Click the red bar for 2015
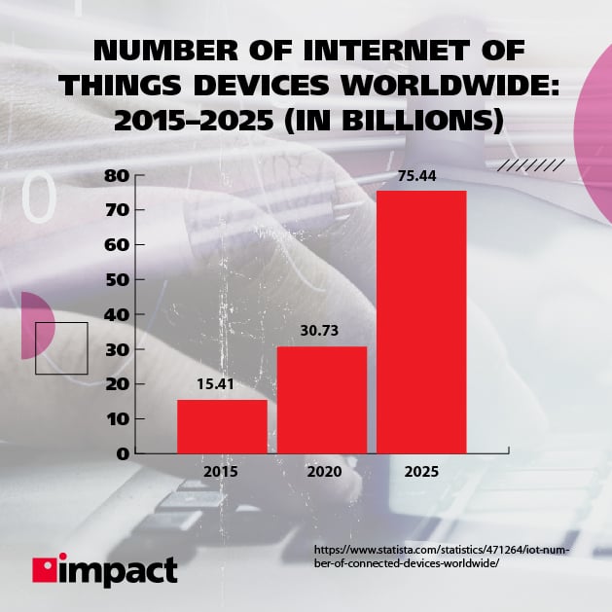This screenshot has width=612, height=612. [x=222, y=426]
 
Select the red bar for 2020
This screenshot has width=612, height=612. [x=322, y=399]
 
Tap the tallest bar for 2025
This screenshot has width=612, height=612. [x=421, y=321]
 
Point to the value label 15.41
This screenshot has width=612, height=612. [x=222, y=385]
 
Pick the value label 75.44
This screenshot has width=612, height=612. [x=421, y=176]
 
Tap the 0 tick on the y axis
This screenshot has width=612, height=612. [x=122, y=453]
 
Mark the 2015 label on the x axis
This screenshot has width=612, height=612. [x=222, y=472]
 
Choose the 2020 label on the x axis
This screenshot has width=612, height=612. [x=322, y=472]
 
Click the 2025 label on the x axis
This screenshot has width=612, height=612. [x=421, y=472]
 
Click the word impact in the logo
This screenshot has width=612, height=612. [x=119, y=569]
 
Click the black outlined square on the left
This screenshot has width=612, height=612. [x=61, y=348]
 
